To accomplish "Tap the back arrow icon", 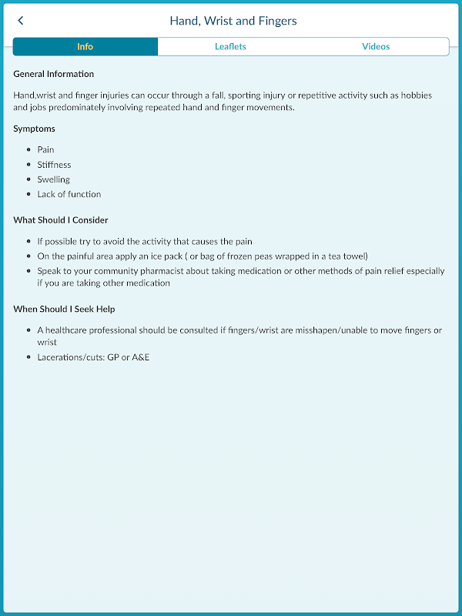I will tap(21, 21).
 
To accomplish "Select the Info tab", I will tap(85, 47).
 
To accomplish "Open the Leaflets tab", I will tap(230, 47).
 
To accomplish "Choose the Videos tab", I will tap(376, 47).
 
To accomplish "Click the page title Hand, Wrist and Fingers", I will tap(233, 21).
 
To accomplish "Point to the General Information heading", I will tap(54, 75).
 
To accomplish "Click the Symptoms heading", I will tap(35, 129).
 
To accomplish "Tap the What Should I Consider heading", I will tap(61, 220).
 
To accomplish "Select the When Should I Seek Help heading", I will tap(65, 310).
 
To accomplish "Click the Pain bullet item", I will tap(45, 150).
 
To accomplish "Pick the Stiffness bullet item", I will tap(54, 165).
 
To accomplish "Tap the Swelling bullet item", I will tap(54, 179).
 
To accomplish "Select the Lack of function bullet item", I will tap(69, 194).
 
